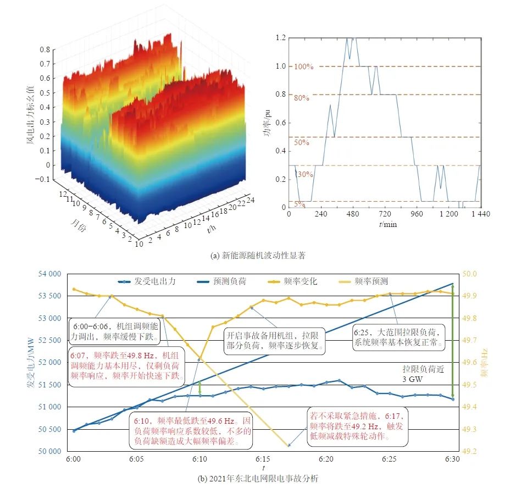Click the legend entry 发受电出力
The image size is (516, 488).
[x=155, y=281]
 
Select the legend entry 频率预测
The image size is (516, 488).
[x=371, y=281]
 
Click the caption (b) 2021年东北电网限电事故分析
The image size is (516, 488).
[x=258, y=478]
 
